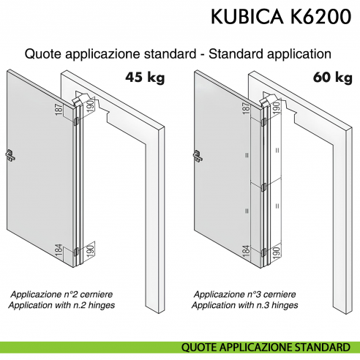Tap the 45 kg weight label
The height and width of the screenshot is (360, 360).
146,75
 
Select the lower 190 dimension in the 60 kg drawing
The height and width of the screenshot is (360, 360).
277,252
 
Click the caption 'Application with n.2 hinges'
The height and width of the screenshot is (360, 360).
63,304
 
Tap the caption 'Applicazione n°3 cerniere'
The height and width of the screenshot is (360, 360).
244,293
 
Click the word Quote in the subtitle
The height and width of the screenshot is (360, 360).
41,54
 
